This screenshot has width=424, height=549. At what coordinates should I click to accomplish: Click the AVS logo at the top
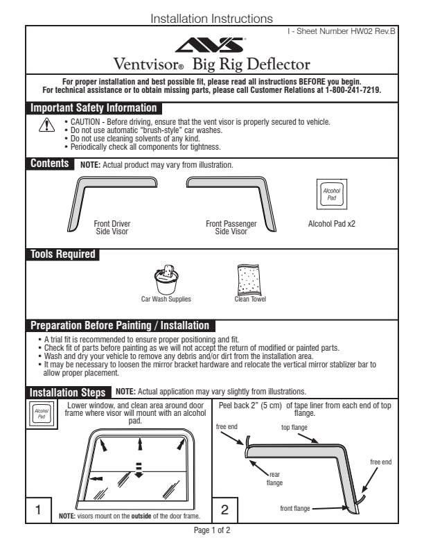(x=210, y=44)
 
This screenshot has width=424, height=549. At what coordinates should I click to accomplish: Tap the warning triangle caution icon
(x=46, y=125)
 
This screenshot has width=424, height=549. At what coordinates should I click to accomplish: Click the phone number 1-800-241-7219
(x=353, y=90)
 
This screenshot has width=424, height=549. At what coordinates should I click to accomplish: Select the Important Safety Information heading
(x=94, y=108)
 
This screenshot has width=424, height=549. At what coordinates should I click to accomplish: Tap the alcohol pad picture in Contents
(x=332, y=194)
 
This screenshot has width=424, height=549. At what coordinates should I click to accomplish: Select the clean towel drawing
(x=249, y=281)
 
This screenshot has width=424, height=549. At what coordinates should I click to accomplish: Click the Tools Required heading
(x=62, y=254)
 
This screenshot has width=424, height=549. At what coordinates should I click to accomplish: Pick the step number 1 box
(x=39, y=509)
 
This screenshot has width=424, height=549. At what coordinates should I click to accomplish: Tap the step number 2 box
(x=224, y=509)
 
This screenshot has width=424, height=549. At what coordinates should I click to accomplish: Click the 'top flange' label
(x=294, y=427)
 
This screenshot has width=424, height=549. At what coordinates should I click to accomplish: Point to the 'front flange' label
(x=295, y=508)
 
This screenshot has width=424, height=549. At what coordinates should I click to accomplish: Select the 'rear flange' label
(x=274, y=478)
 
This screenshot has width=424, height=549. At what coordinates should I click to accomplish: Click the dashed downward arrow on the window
(x=139, y=470)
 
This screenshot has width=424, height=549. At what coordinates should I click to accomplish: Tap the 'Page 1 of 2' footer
(x=212, y=530)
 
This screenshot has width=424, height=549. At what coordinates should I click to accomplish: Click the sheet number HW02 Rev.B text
(x=342, y=31)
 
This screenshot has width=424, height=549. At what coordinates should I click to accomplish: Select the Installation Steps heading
(x=67, y=392)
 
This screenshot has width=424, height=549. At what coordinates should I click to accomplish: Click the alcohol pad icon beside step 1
(x=42, y=414)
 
